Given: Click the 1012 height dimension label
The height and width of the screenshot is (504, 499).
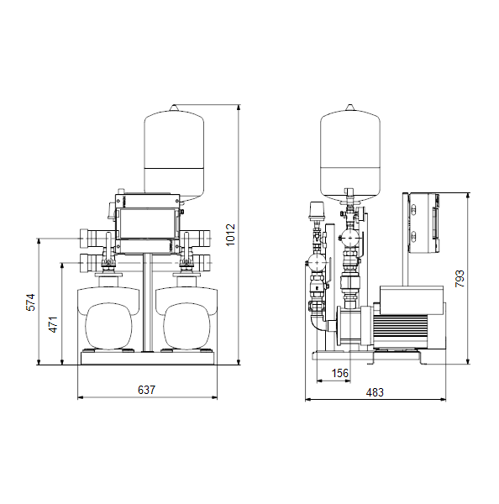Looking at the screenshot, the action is [x=230, y=235].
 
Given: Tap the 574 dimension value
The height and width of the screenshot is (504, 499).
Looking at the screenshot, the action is [x=30, y=302].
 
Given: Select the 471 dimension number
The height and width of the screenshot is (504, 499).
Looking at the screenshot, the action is [x=54, y=324].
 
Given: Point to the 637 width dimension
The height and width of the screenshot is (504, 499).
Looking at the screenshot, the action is [x=147, y=390].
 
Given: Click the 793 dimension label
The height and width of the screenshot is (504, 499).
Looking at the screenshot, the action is [x=460, y=279].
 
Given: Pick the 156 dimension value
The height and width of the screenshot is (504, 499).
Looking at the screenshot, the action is [x=340, y=373].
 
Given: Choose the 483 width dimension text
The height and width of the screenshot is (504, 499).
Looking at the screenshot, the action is [x=375, y=392].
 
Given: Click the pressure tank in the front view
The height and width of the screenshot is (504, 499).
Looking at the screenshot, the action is [x=174, y=153].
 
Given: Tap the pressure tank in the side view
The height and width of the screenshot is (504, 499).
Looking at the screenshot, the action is [x=350, y=153].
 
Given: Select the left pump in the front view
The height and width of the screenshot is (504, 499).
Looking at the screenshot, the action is [x=108, y=318].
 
